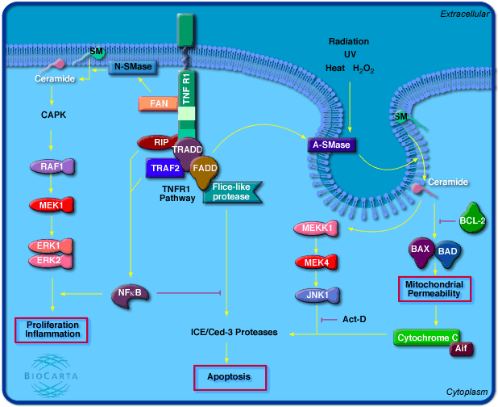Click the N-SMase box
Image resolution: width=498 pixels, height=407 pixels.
click(x=131, y=68)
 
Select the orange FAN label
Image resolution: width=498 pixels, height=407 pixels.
click(x=159, y=103)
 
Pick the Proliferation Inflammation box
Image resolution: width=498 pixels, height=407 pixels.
click(x=52, y=329)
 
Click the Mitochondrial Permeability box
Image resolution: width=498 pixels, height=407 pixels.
click(x=434, y=288)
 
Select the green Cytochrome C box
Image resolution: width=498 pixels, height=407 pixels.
click(x=426, y=337)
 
